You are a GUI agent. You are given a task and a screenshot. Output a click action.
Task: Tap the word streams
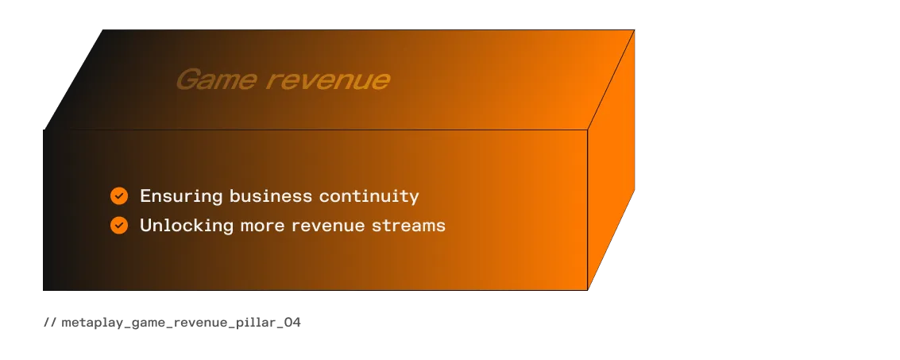click(x=409, y=226)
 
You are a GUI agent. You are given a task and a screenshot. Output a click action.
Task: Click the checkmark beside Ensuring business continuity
click(x=119, y=195)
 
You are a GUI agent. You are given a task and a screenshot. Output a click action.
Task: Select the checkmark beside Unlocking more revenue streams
click(x=119, y=226)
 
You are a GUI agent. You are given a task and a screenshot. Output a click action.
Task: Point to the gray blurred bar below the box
click(x=172, y=323)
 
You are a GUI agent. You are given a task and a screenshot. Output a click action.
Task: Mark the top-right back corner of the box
click(x=635, y=29)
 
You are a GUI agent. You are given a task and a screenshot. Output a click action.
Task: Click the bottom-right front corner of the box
click(x=588, y=289)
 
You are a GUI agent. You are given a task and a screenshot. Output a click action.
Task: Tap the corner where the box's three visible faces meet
click(x=588, y=129)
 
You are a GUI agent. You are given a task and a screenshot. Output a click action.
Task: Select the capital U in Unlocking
click(x=146, y=226)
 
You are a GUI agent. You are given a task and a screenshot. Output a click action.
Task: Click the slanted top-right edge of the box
click(x=612, y=79)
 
